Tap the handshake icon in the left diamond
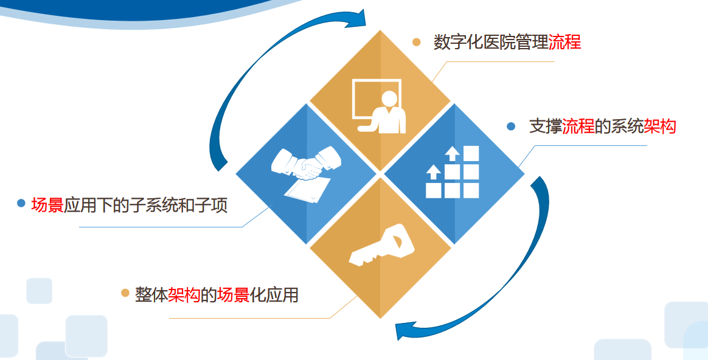pos(306,163)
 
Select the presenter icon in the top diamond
pos(379,106)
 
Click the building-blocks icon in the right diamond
pos(453,171)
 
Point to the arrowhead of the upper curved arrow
pos(356,18)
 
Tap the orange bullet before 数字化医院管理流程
pos(416,42)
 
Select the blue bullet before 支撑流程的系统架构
pos(511,126)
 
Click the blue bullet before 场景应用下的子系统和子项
pos(21,203)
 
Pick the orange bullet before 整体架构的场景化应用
pos(125,293)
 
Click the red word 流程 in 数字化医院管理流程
pos(564,42)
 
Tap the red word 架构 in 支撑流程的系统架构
pos(660,126)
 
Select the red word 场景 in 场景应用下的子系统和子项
pos(47,205)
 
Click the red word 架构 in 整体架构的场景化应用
pos(184,295)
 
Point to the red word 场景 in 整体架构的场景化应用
pos(234,295)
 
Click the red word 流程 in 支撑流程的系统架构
pos(578,126)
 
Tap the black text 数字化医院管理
pos(491,42)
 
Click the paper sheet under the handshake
pos(307,189)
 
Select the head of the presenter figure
pos(389,99)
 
